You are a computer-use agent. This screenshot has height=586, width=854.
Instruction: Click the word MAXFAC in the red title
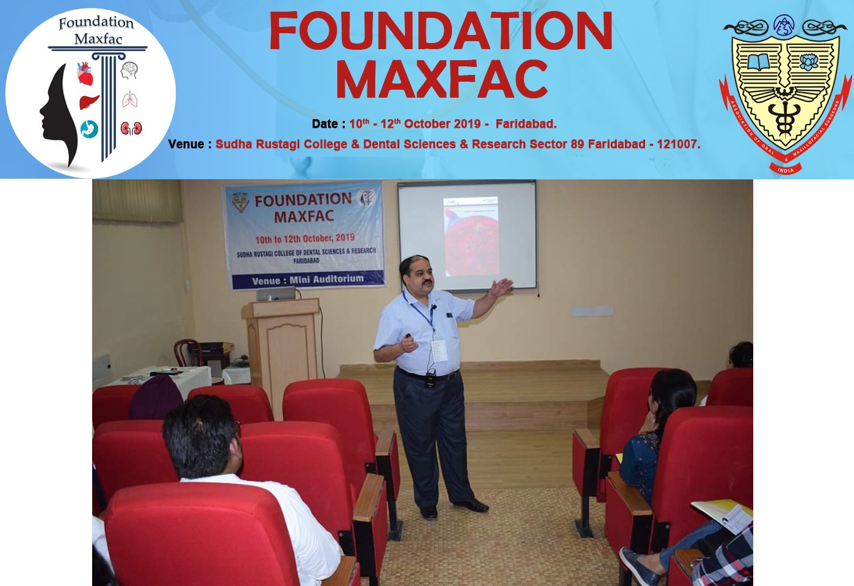pyautogui.click(x=441, y=80)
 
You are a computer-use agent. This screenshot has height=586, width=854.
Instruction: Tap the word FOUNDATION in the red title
pyautogui.click(x=441, y=31)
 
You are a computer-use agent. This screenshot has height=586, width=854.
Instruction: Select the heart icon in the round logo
pyautogui.click(x=85, y=74)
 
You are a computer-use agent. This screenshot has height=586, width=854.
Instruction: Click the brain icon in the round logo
pyautogui.click(x=129, y=70)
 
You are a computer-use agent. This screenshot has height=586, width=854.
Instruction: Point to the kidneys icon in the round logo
pyautogui.click(x=131, y=128)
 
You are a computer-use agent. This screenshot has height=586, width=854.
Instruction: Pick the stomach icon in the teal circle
pyautogui.click(x=89, y=129)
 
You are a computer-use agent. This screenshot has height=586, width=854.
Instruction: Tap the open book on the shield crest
pyautogui.click(x=758, y=62)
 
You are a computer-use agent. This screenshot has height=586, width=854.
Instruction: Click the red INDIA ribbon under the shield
pyautogui.click(x=785, y=170)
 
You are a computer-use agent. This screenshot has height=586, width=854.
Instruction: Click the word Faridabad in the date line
pyautogui.click(x=526, y=124)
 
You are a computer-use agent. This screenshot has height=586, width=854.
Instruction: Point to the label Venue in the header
pyautogui.click(x=186, y=144)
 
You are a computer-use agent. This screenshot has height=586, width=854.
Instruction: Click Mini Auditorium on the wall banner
pyautogui.click(x=326, y=279)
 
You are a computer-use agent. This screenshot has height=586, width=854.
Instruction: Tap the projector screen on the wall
pyautogui.click(x=467, y=235)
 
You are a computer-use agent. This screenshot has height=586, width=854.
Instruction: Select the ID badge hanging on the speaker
pyautogui.click(x=439, y=351)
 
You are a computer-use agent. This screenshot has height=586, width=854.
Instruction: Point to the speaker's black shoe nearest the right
pyautogui.click(x=472, y=506)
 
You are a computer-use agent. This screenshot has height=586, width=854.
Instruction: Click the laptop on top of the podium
pyautogui.click(x=275, y=294)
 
